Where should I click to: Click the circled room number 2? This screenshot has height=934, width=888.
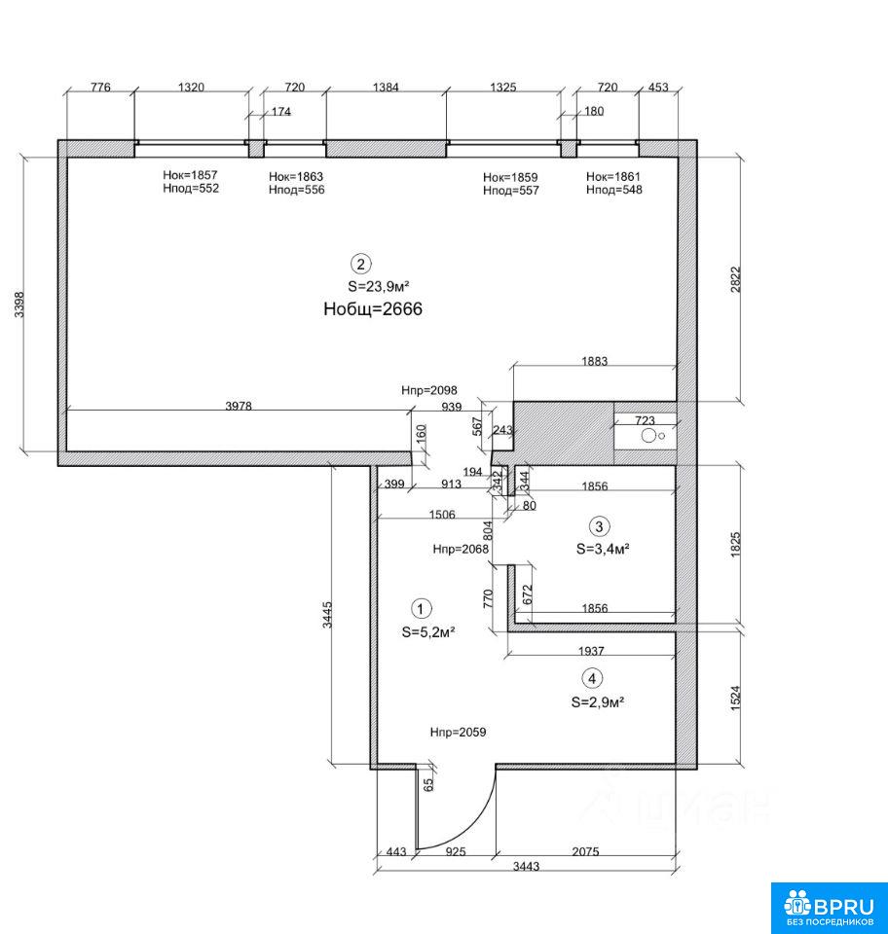pyautogui.click(x=360, y=264)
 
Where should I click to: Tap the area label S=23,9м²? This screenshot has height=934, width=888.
pyautogui.click(x=379, y=286)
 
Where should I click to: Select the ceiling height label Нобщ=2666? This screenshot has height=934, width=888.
pyautogui.click(x=373, y=308)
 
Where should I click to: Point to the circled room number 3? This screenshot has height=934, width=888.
pyautogui.click(x=599, y=526)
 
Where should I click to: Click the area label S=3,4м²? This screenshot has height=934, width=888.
pyautogui.click(x=603, y=549)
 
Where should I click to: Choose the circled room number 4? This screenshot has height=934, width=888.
pyautogui.click(x=592, y=678)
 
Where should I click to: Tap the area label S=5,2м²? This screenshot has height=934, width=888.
pyautogui.click(x=428, y=632)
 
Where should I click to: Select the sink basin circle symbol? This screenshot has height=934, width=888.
pyautogui.click(x=648, y=436)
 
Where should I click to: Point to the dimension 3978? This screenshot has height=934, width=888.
pyautogui.click(x=239, y=406)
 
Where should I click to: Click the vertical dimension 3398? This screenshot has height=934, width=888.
pyautogui.click(x=19, y=305)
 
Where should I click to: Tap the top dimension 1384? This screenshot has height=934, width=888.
pyautogui.click(x=386, y=88)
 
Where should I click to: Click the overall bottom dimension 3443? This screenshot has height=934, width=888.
pyautogui.click(x=526, y=866)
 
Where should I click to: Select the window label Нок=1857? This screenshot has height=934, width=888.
pyautogui.click(x=190, y=175)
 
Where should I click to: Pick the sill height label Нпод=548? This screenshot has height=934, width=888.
pyautogui.click(x=613, y=190)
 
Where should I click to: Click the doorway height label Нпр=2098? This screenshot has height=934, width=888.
pyautogui.click(x=429, y=391)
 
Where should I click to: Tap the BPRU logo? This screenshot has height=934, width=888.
pyautogui.click(x=829, y=908)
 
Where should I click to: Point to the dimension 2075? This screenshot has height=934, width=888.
pyautogui.click(x=585, y=852)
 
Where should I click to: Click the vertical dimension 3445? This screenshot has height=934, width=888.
pyautogui.click(x=327, y=615)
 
